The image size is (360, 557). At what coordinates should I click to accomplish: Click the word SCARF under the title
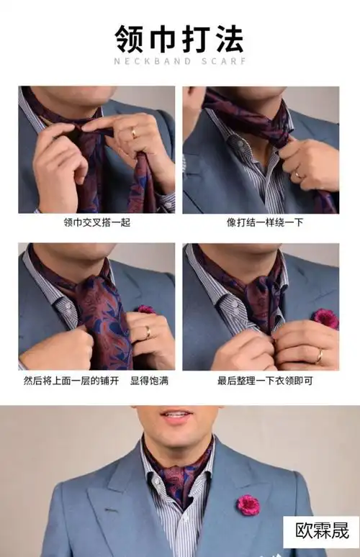[222, 61]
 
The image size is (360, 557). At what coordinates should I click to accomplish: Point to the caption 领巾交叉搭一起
[96, 222]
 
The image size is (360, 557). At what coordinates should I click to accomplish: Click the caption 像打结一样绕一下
[260, 222]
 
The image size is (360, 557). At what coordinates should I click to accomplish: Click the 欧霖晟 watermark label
[322, 532]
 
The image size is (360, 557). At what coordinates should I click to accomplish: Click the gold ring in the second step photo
[297, 174]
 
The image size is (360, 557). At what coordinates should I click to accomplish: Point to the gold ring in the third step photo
[148, 332]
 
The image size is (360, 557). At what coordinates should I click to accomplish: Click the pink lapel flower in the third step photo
[146, 310]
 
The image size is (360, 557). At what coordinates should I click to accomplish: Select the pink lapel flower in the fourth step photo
[325, 317]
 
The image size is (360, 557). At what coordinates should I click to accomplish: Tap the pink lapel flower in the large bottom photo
[249, 504]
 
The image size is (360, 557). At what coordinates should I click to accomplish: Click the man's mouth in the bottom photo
[177, 415]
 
